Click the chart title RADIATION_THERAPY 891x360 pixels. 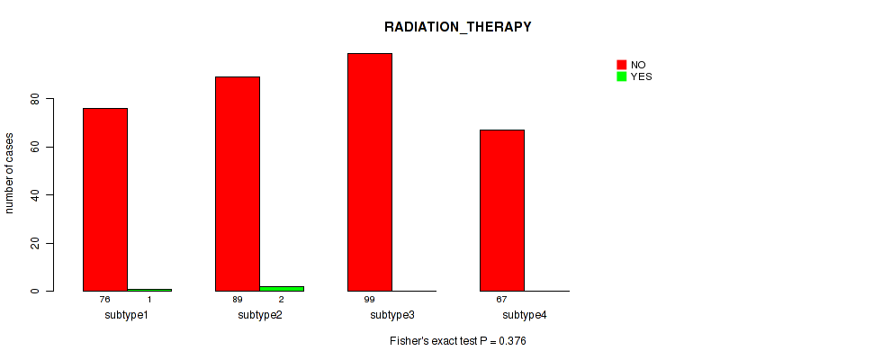pyautogui.click(x=458, y=27)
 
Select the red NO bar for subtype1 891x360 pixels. pyautogui.click(x=105, y=200)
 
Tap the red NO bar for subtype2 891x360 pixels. pyautogui.click(x=238, y=184)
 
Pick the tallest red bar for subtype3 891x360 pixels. pyautogui.click(x=370, y=172)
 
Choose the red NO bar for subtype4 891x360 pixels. pyautogui.click(x=502, y=211)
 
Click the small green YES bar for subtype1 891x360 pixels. pyautogui.click(x=149, y=290)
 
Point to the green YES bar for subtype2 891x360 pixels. pyautogui.click(x=282, y=289)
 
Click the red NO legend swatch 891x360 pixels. pyautogui.click(x=621, y=65)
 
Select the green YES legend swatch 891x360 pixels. pyautogui.click(x=621, y=76)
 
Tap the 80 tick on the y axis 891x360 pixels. pyautogui.click(x=37, y=99)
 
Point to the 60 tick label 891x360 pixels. pyautogui.click(x=37, y=147)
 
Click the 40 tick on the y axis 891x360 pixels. pyautogui.click(x=37, y=195)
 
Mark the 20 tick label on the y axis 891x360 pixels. pyautogui.click(x=37, y=244)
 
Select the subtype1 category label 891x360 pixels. pyautogui.click(x=128, y=315)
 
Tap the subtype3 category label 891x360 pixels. pyautogui.click(x=392, y=315)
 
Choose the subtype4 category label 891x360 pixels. pyautogui.click(x=525, y=315)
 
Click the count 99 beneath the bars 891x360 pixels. pyautogui.click(x=370, y=299)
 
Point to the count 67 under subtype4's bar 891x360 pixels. pyautogui.click(x=502, y=299)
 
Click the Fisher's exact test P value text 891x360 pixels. pyautogui.click(x=458, y=341)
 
